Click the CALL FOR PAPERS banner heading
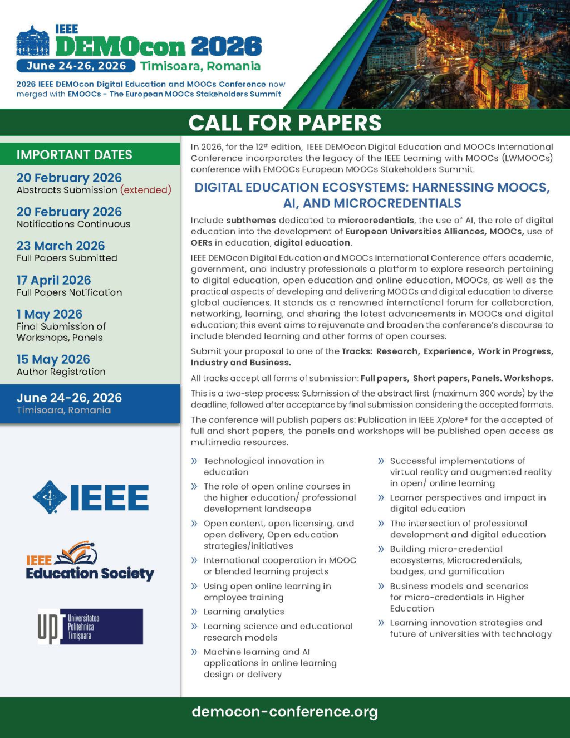(x=285, y=123)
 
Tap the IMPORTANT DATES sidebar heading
(x=75, y=155)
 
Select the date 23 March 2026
(x=61, y=246)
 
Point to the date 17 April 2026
(x=53, y=280)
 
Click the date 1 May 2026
(x=50, y=314)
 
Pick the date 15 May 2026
(x=53, y=359)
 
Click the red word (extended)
(x=146, y=190)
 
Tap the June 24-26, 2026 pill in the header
(x=76, y=66)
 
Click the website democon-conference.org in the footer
(x=284, y=711)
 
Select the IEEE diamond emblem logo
(x=50, y=497)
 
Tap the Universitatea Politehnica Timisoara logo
(x=90, y=627)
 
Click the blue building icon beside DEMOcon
(x=33, y=41)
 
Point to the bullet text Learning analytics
(x=244, y=612)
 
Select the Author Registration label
(x=61, y=372)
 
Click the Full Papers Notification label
(x=69, y=292)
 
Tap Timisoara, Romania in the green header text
(x=200, y=66)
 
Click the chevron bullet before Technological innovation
(x=194, y=461)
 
